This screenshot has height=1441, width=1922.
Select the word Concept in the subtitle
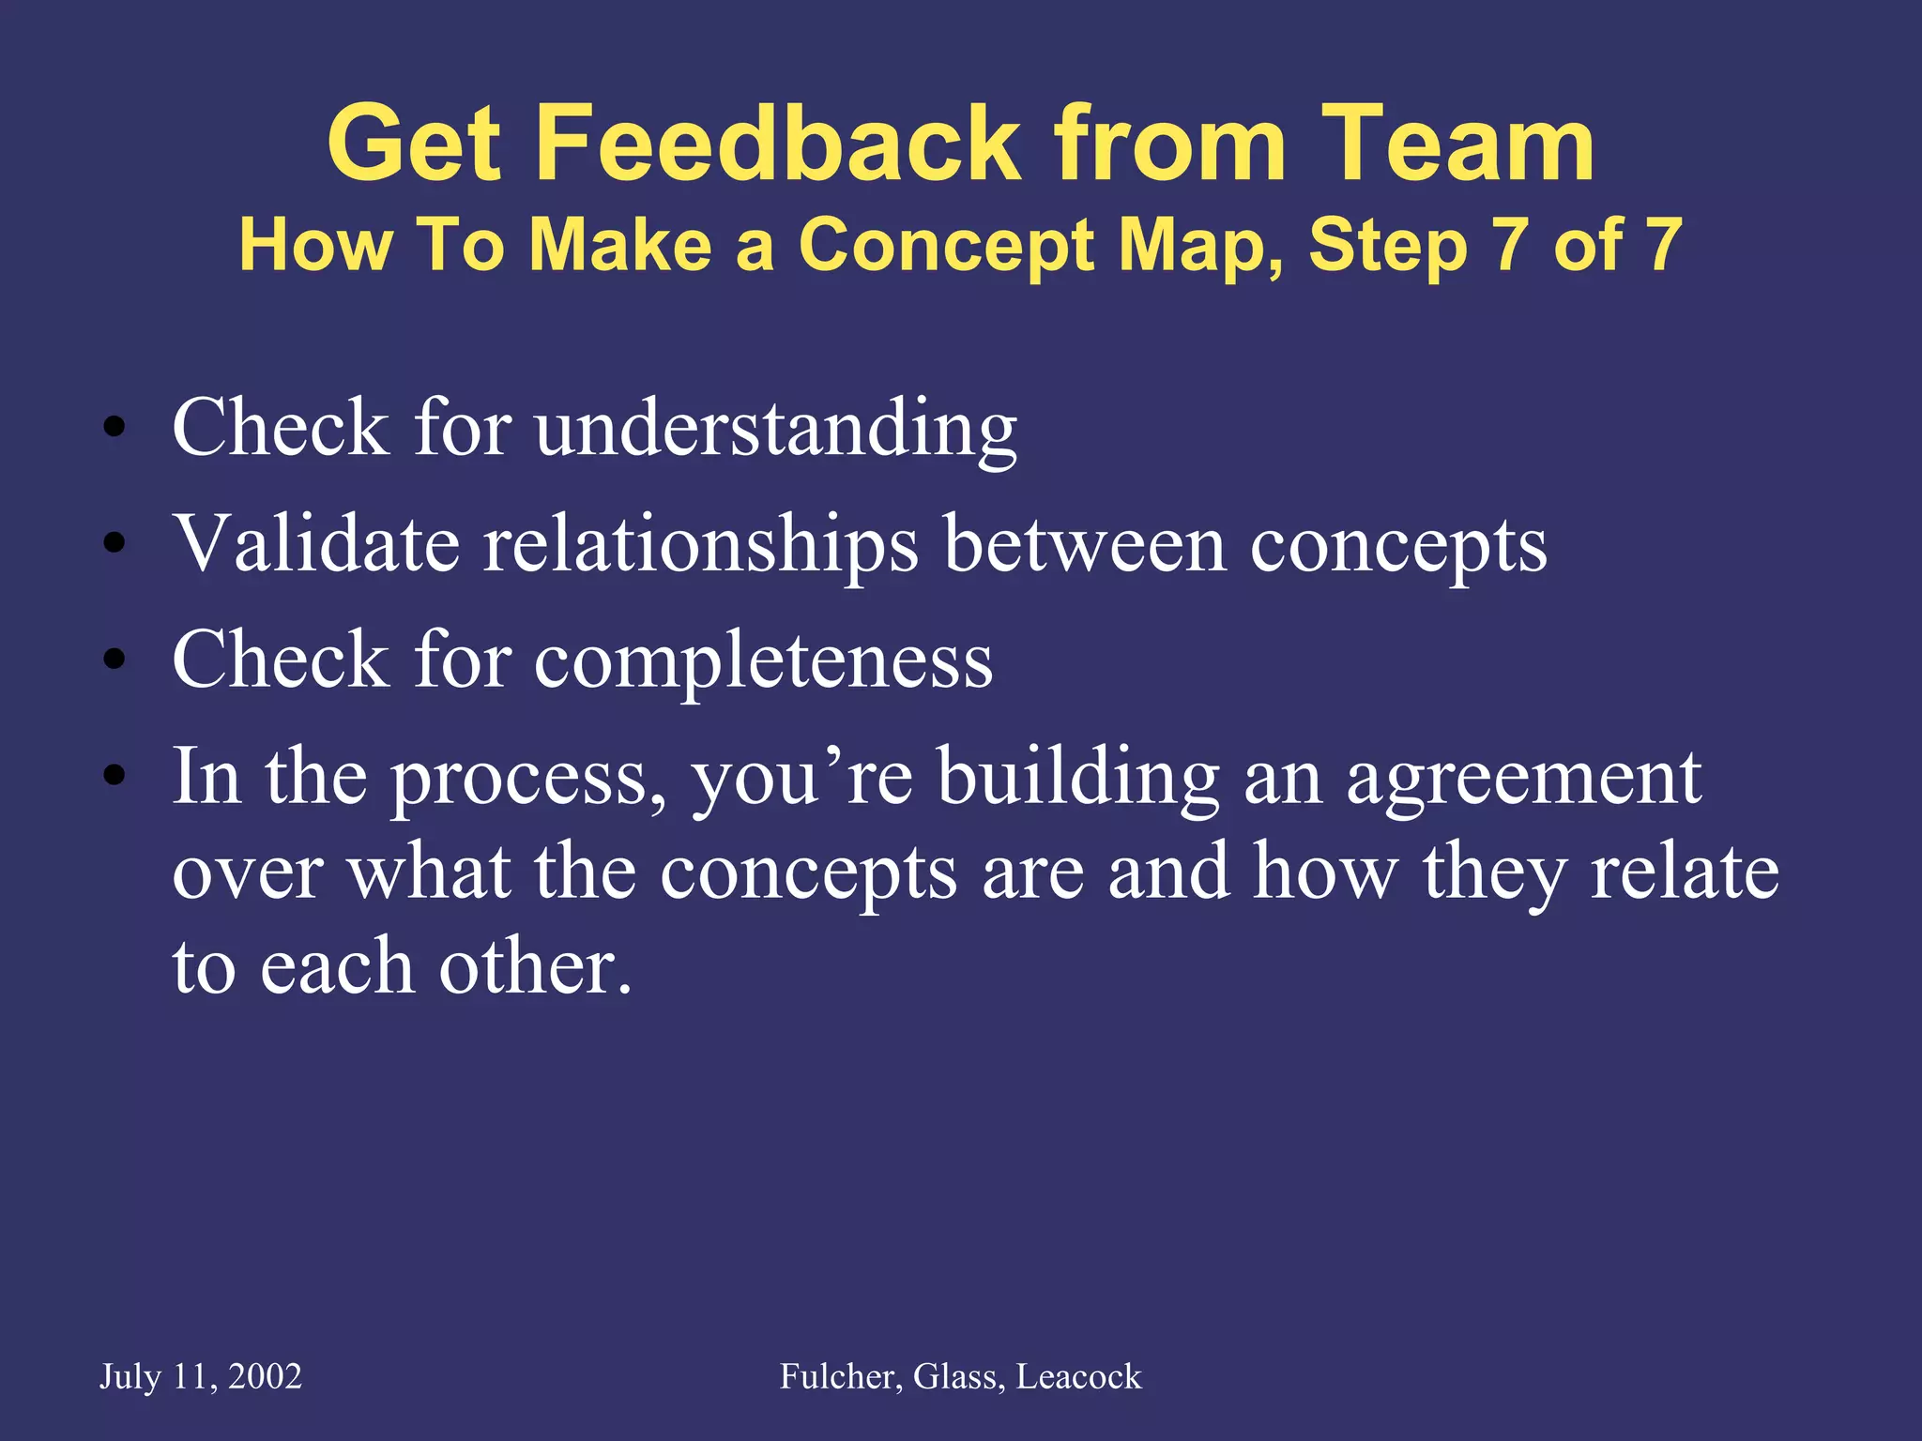[947, 247]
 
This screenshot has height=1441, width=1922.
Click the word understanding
[776, 429]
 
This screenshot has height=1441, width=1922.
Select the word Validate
[316, 545]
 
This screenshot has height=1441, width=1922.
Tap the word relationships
[700, 547]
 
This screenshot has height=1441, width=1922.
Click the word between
[1085, 545]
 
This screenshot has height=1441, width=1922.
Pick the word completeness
[763, 661]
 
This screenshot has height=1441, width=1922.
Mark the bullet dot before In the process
[114, 776]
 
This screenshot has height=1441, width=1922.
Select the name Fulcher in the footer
[841, 1377]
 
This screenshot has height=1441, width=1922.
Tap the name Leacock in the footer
[1079, 1377]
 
